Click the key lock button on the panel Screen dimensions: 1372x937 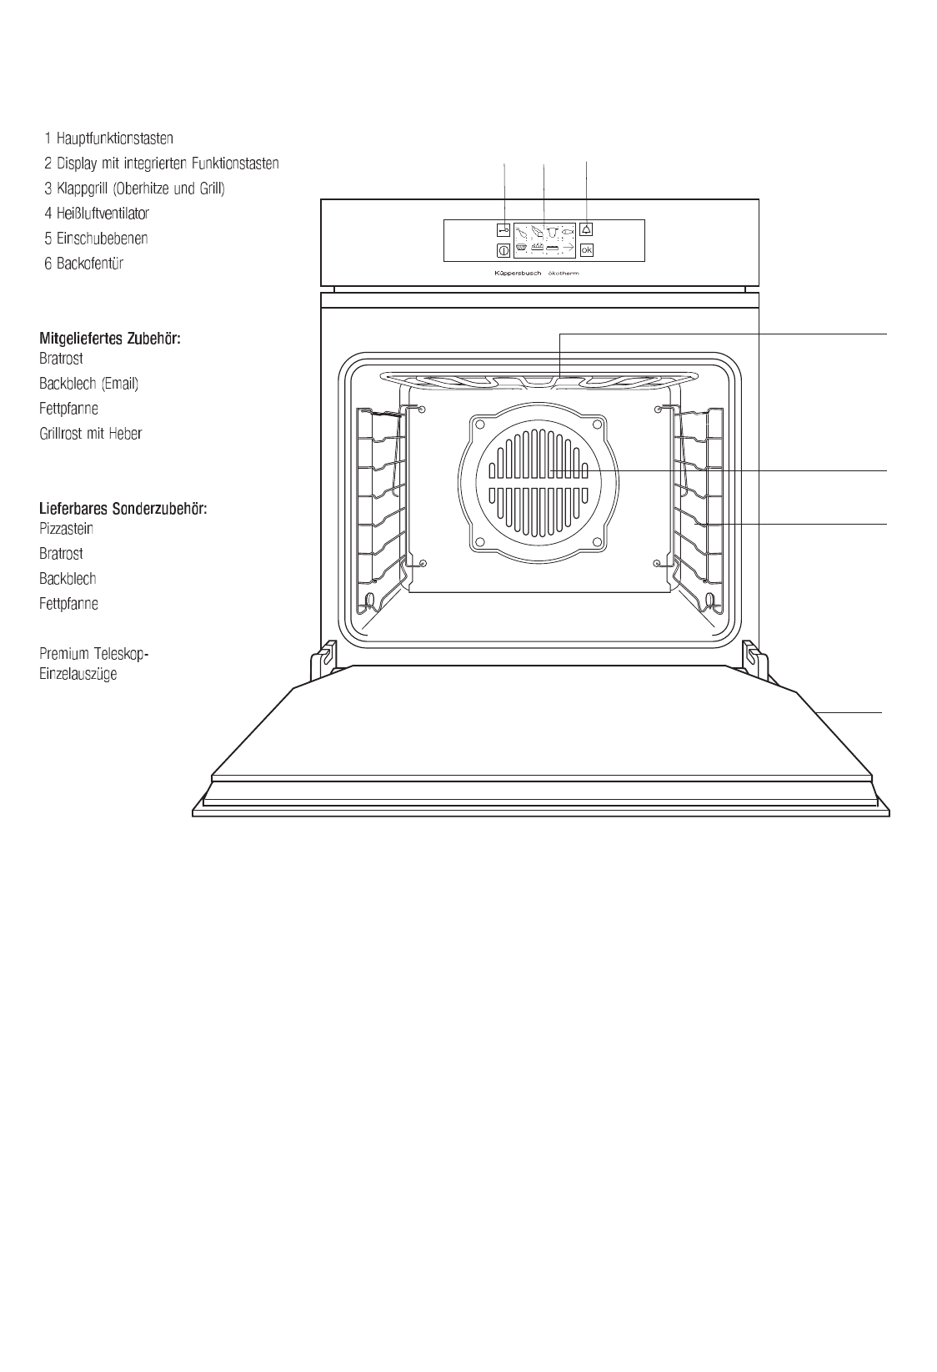pyautogui.click(x=504, y=229)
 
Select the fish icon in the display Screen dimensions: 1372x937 pyautogui.click(x=568, y=230)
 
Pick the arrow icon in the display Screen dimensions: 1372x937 pyautogui.click(x=567, y=249)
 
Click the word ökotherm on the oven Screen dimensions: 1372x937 pyautogui.click(x=563, y=274)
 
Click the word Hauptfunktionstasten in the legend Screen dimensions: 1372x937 pyautogui.click(x=115, y=138)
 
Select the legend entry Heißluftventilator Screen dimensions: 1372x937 pyautogui.click(x=103, y=214)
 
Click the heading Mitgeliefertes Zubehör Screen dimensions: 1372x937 pyautogui.click(x=110, y=339)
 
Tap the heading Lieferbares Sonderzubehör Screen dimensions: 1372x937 pyautogui.click(x=123, y=508)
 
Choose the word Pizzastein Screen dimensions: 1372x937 pyautogui.click(x=66, y=529)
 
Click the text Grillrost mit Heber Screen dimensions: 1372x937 pyautogui.click(x=90, y=434)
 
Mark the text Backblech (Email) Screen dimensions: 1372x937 pyautogui.click(x=88, y=384)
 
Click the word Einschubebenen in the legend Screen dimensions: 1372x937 pyautogui.click(x=103, y=239)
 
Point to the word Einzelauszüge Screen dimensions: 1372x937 pyautogui.click(x=78, y=674)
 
